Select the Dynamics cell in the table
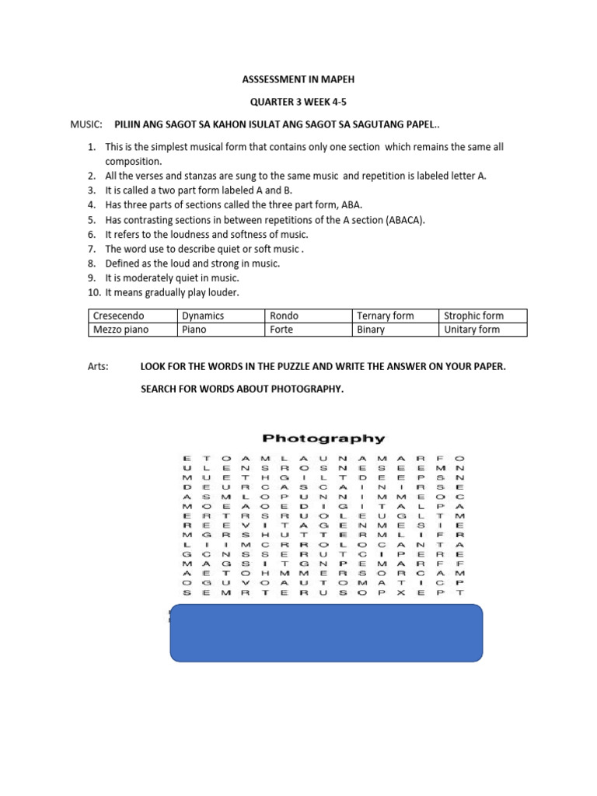[202, 316]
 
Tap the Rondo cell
[284, 316]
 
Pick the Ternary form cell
[385, 316]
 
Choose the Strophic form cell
[473, 316]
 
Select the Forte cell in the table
[281, 330]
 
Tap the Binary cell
[371, 330]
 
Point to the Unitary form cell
[471, 330]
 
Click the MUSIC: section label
[86, 124]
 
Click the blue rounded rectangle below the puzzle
[326, 633]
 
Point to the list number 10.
[92, 292]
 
